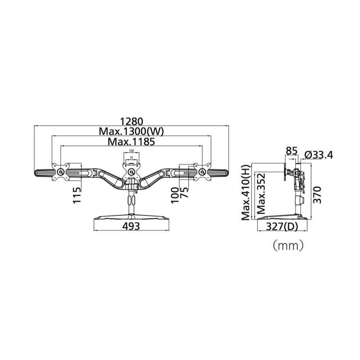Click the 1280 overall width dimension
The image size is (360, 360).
(x=131, y=121)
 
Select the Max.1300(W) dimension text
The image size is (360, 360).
(x=131, y=131)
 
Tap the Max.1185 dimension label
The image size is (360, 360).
(x=131, y=141)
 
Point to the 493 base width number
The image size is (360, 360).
(x=131, y=226)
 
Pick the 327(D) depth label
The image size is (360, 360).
(x=282, y=226)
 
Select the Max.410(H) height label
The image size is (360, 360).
(x=246, y=192)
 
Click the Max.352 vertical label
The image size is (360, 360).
(x=261, y=194)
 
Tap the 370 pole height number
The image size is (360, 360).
(x=317, y=195)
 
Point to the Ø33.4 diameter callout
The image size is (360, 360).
(x=319, y=156)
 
